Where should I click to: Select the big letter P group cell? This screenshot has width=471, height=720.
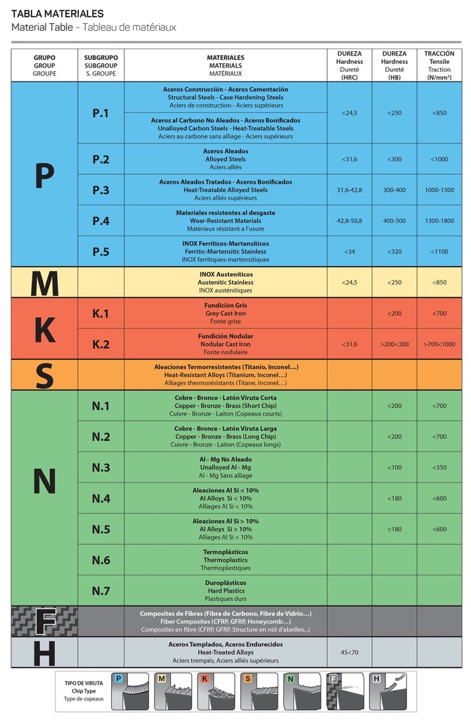[x=44, y=175]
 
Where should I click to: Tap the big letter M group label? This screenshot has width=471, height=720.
[x=44, y=283]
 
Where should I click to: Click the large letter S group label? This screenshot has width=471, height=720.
[x=44, y=375]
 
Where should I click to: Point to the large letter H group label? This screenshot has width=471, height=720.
[x=44, y=652]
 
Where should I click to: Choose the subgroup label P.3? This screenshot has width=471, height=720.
[x=101, y=190]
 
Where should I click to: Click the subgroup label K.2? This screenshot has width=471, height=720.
[x=101, y=344]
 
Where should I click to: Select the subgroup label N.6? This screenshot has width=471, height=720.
[x=101, y=560]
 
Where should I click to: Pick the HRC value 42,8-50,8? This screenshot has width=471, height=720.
[x=349, y=221]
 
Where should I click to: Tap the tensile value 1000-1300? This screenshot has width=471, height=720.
[x=439, y=190]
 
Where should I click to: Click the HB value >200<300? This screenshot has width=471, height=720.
[x=394, y=344]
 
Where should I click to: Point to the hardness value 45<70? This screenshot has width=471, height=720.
[x=349, y=652]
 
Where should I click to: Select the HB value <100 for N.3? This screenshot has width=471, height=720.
[x=394, y=468]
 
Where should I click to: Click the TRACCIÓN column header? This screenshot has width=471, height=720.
[x=439, y=53]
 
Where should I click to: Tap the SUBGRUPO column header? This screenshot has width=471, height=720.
[x=101, y=57]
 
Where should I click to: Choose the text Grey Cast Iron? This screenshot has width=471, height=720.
[x=226, y=314]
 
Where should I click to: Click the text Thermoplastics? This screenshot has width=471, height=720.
[x=226, y=560]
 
